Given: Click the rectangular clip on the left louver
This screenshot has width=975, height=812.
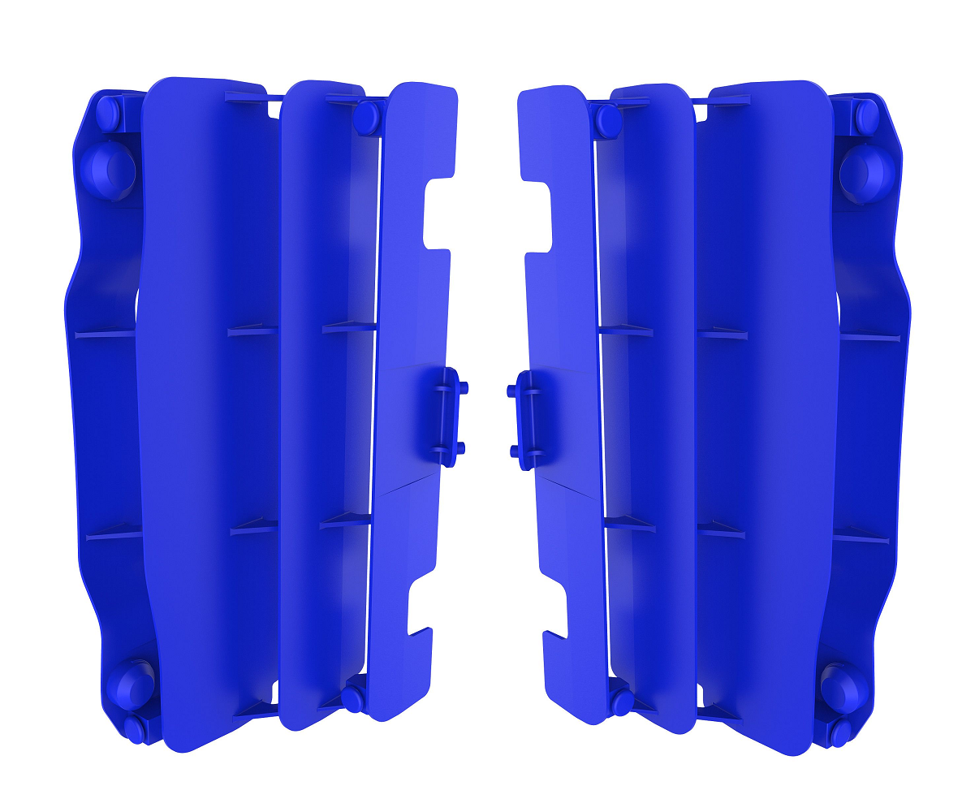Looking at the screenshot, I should pyautogui.click(x=440, y=417).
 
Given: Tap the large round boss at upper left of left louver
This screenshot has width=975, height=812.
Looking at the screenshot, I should pyautogui.click(x=110, y=171).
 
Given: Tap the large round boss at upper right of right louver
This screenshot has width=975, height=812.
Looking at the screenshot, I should pyautogui.click(x=867, y=174).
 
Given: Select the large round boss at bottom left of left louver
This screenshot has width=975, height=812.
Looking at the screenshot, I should pyautogui.click(x=129, y=683).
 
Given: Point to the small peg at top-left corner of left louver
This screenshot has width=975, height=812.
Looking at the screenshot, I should pyautogui.click(x=108, y=114).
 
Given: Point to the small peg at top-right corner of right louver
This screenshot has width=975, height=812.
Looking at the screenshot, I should pyautogui.click(x=866, y=117).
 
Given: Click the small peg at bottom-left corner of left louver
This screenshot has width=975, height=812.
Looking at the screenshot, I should pyautogui.click(x=132, y=728).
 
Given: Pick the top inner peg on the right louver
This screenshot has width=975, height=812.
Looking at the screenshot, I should pyautogui.click(x=607, y=121).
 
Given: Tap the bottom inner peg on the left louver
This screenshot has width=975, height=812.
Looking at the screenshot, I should pyautogui.click(x=353, y=698).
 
